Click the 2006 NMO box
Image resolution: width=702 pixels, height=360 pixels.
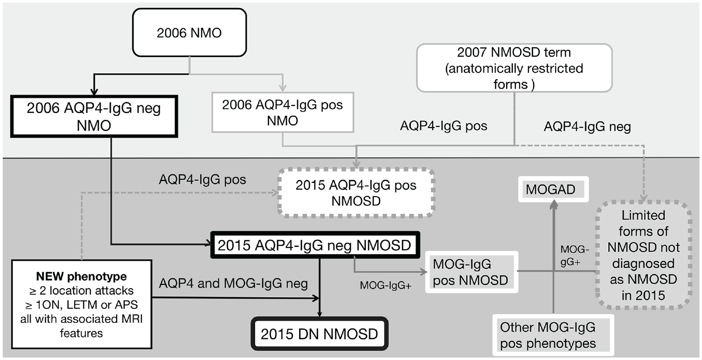tap(189, 32)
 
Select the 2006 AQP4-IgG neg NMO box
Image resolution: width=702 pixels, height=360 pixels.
tap(94, 116)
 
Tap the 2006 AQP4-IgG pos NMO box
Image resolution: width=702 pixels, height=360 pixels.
tap(283, 112)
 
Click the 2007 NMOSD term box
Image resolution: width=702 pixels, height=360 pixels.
tap(514, 68)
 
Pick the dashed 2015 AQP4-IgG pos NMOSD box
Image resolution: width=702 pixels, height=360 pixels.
tap(356, 193)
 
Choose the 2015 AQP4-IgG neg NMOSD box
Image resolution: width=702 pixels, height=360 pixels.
tap(315, 245)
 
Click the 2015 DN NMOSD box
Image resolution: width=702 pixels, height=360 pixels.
tap(319, 334)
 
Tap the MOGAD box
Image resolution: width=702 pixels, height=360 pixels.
tap(554, 189)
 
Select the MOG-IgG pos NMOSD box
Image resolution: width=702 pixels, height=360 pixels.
tap(471, 272)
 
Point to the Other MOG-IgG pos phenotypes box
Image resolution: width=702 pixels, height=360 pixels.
tap(553, 335)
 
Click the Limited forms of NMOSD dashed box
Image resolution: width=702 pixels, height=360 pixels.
tap(644, 255)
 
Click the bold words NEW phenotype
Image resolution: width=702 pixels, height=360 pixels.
tap(82, 276)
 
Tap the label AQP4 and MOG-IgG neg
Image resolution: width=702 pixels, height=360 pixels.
tap(234, 283)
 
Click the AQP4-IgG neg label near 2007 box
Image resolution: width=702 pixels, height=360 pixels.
tap(587, 126)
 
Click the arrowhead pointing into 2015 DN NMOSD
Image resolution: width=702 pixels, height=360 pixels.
tap(319, 314)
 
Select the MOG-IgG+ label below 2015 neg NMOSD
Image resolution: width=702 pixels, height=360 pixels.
tap(385, 285)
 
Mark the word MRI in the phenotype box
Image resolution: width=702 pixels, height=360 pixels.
tap(131, 319)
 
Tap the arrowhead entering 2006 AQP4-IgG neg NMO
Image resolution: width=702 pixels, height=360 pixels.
tap(94, 91)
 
